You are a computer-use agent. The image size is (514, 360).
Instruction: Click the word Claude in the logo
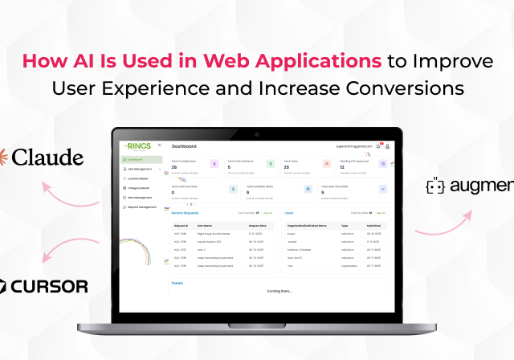(47, 157)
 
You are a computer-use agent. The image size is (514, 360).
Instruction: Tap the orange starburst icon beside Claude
(2, 156)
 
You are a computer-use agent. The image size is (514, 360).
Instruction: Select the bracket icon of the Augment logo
(436, 187)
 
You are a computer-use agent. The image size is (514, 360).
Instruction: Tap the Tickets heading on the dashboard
(177, 283)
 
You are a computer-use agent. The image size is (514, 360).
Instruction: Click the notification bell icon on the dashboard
(378, 146)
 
